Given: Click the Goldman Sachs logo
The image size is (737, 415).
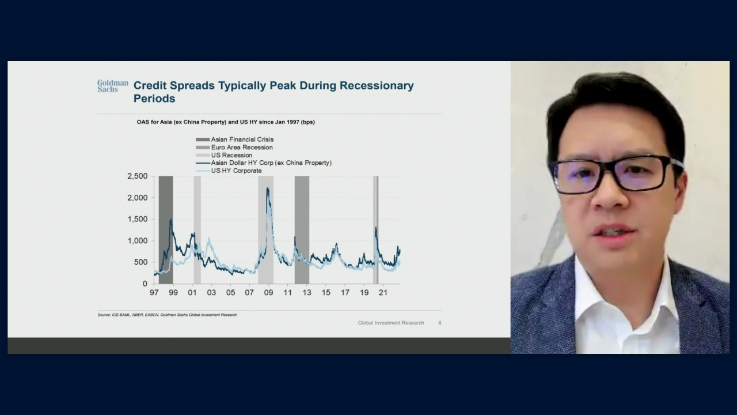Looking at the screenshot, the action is point(112,86).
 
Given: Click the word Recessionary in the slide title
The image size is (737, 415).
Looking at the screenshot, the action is point(377,86).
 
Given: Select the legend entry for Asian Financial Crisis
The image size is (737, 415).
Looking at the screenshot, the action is point(234,139).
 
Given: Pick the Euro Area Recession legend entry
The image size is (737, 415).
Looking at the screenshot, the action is point(234,148).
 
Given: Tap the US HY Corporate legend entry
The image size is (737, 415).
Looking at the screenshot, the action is point(229,171).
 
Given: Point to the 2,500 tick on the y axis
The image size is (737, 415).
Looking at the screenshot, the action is point(138,176).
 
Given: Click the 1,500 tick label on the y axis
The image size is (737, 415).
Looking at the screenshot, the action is point(138,220).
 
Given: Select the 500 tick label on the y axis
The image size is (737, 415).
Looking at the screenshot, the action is point(142,262).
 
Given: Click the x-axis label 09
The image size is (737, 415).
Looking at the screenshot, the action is point(268,292).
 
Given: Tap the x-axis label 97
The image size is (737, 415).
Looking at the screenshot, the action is point(154,292).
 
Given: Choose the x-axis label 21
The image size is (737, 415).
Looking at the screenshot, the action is point(383,292).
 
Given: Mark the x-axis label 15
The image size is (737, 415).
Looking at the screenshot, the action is point(326,292).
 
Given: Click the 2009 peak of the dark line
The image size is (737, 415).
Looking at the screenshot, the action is point(268,188).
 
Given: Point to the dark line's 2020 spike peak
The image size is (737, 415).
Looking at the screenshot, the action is point(376,227).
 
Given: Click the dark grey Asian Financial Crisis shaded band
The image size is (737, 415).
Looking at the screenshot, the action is point(166,230).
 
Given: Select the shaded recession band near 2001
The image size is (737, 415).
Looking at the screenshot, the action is point(197,230).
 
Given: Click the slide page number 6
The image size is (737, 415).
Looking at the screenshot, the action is point(440,323).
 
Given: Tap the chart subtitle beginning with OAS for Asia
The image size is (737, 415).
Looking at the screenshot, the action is point(226,122).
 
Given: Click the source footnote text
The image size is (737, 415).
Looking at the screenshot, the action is point(168,315).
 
